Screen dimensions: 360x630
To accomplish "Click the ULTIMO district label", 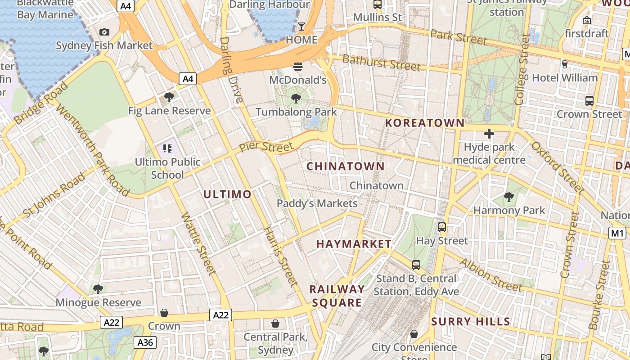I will point(227,194).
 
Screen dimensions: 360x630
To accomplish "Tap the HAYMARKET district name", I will point(354,244).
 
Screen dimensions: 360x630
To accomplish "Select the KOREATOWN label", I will point(425,123).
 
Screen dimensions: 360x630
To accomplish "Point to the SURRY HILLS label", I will point(471,322).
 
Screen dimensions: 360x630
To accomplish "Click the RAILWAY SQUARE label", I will point(337,296).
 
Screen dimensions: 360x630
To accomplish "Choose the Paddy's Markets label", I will point(317,203).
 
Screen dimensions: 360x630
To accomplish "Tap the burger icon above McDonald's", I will point(297,67).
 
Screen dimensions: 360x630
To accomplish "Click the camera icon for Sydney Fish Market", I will point(104,32).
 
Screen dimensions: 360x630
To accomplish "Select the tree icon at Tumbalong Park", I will point(296,98).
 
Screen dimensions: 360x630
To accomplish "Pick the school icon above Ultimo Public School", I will point(167,148).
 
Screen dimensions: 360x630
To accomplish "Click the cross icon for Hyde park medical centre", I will point(489,134).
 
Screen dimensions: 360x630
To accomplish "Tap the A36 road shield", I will point(145,343).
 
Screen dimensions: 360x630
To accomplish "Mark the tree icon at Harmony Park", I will point(509,197).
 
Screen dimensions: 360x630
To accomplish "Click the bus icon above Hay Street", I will point(442,227).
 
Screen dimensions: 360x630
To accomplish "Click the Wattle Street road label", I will point(198,243).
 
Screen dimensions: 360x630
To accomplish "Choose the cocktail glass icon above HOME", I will point(301,27).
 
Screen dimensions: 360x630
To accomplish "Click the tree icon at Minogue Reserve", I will point(98,289).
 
